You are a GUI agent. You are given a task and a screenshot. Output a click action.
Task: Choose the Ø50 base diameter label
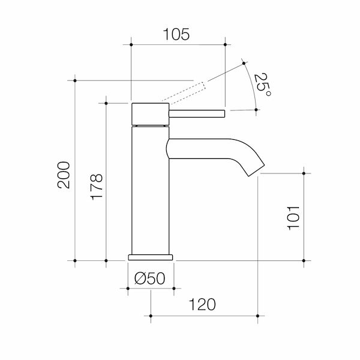150,278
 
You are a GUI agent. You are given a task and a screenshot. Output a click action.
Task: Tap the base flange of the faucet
150,257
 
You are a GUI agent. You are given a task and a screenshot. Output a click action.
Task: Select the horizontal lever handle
198,112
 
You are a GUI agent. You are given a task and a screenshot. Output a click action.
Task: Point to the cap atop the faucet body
149,113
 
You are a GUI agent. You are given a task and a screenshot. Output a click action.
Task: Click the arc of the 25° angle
252,84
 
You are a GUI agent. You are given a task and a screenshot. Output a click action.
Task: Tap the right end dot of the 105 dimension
224,44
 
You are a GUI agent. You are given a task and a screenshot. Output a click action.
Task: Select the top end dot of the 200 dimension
75,79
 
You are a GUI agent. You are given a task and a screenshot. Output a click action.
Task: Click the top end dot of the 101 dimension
305,173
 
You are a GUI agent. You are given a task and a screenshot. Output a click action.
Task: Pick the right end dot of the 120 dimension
258,315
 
